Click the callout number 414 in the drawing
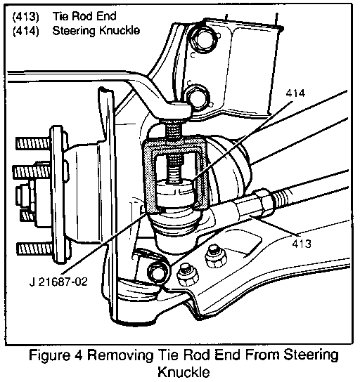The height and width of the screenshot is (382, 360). tap(295, 93)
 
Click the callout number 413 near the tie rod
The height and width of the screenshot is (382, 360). tap(302, 244)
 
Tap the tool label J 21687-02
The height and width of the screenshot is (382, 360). tap(58, 282)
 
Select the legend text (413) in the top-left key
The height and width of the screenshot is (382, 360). tap(25, 18)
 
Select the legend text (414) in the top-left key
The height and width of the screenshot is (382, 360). tap(25, 32)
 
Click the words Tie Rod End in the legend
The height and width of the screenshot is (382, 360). tap(84, 16)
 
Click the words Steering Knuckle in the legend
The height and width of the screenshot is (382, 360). tap(96, 31)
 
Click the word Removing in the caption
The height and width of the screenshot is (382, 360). tap(120, 356)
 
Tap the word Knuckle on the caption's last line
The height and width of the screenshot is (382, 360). tap(184, 372)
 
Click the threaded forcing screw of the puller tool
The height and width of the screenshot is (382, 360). tap(174, 152)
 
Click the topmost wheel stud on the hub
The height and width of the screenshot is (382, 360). tap(34, 143)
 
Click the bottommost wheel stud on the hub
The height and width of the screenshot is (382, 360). tap(34, 249)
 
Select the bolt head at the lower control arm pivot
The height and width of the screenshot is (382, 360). tap(158, 272)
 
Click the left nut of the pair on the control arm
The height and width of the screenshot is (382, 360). tap(187, 275)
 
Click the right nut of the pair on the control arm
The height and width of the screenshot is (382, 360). tap(216, 257)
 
